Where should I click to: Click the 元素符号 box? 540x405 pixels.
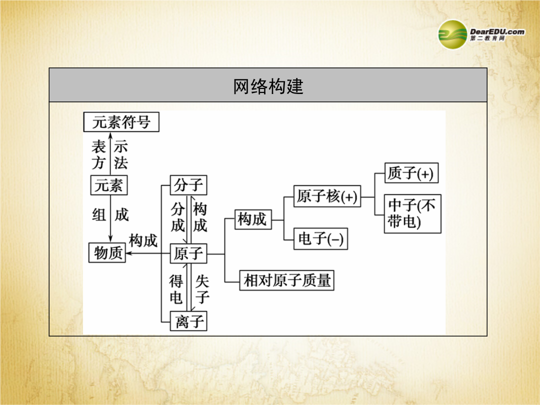(121, 122)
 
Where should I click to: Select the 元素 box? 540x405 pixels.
(109, 185)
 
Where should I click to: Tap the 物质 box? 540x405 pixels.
(107, 253)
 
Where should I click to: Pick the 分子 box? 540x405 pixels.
(188, 185)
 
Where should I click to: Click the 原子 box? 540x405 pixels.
(188, 253)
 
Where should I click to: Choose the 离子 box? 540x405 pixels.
(188, 321)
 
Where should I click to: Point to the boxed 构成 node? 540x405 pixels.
(253, 219)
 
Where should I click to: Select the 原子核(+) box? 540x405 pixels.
(327, 196)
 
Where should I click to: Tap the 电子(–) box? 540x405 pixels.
(320, 238)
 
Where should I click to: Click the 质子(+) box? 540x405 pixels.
(411, 173)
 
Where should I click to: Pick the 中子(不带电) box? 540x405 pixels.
(412, 214)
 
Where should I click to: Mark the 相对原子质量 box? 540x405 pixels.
(287, 280)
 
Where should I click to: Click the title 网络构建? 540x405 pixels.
(268, 86)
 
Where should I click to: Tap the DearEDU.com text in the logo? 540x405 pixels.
(497, 31)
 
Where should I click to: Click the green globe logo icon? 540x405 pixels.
(452, 34)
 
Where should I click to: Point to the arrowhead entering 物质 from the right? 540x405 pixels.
(128, 253)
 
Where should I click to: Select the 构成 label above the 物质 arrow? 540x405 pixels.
(143, 240)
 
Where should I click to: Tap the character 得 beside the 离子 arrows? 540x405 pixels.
(176, 281)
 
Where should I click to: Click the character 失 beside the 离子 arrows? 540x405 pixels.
(202, 281)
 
